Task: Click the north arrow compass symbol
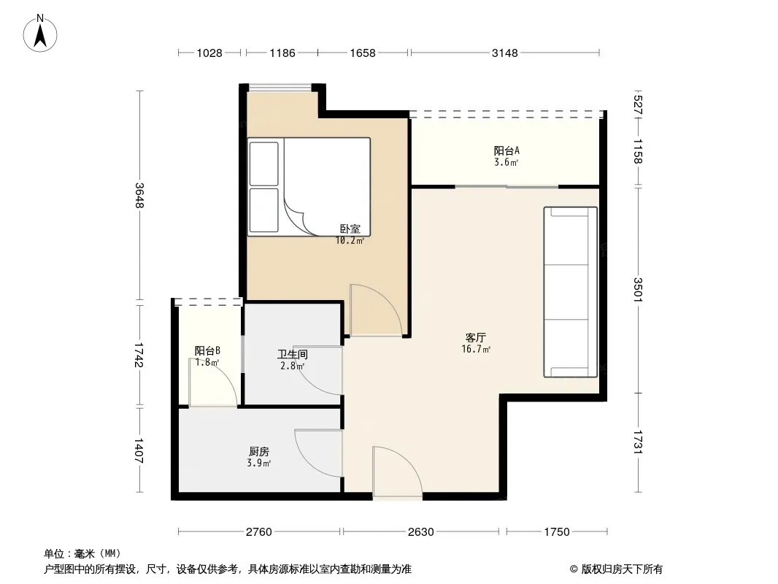(40, 34)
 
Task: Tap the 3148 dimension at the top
(504, 53)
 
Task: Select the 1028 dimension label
(209, 53)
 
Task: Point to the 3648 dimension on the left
(139, 196)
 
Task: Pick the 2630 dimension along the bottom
(421, 532)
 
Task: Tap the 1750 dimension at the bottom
(557, 532)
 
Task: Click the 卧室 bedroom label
(350, 228)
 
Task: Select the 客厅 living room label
(475, 338)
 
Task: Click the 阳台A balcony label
(507, 150)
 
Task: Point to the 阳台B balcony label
(207, 351)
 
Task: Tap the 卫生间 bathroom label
(292, 354)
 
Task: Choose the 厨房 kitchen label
(259, 452)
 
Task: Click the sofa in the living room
(571, 292)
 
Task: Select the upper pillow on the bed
(263, 164)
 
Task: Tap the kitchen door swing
(318, 453)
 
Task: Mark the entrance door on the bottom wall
(398, 472)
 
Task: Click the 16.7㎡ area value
(476, 350)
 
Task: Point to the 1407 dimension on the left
(139, 450)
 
